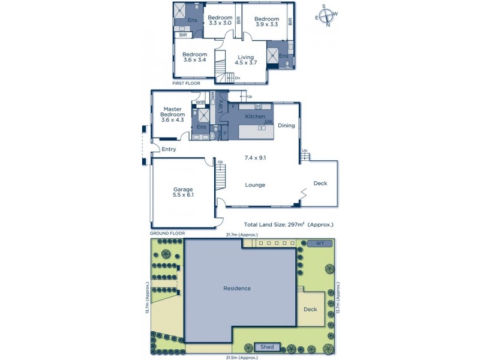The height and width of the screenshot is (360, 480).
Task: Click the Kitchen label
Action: click(255, 116)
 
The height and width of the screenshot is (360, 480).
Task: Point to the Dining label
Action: click(286, 126)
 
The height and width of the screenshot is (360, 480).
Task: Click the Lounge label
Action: click(255, 185)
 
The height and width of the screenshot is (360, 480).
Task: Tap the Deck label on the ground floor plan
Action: click(320, 184)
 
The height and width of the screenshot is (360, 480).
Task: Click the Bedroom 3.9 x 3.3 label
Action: click(267, 22)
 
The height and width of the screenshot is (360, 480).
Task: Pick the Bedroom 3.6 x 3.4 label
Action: click(194, 58)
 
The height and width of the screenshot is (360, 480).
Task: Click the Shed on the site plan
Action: click(266, 347)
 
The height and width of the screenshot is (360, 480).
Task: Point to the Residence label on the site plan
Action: click(237, 289)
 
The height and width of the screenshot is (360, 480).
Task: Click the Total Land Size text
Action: click(289, 224)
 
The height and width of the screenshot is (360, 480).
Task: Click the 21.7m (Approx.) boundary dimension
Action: click(241, 234)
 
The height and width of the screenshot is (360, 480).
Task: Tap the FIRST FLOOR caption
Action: click(185, 83)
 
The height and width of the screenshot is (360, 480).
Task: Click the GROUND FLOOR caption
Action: click(167, 233)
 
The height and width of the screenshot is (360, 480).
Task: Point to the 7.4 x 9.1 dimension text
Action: click(256, 158)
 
